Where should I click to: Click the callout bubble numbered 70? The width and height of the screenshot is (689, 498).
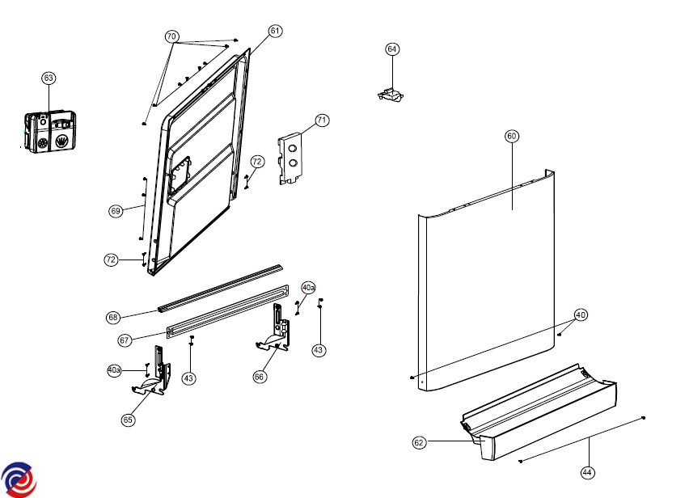pyautogui.click(x=171, y=37)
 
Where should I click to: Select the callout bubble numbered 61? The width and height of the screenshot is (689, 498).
pyautogui.click(x=275, y=31)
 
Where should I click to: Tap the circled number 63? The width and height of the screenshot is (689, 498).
pyautogui.click(x=49, y=78)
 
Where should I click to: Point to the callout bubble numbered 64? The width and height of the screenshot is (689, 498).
pyautogui.click(x=392, y=49)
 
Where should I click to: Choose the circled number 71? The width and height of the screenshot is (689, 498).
pyautogui.click(x=322, y=120)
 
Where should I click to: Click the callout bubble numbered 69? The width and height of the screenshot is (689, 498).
pyautogui.click(x=116, y=211)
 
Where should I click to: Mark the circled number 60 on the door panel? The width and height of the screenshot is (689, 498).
pyautogui.click(x=511, y=137)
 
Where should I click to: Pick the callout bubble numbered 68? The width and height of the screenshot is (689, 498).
pyautogui.click(x=113, y=317)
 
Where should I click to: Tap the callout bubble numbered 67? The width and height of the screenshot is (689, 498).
pyautogui.click(x=125, y=341)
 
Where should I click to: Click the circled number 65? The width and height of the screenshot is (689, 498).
pyautogui.click(x=128, y=420)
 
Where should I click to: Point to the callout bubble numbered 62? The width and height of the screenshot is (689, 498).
pyautogui.click(x=419, y=442)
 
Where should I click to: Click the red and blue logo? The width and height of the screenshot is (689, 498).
pyautogui.click(x=18, y=479)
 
